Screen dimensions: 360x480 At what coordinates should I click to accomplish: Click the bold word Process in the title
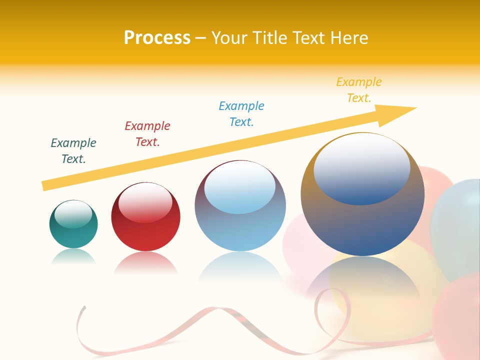pos(157,38)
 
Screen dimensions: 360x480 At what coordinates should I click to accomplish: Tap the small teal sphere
pos(73,235)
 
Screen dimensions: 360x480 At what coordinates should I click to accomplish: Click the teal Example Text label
pos(73,151)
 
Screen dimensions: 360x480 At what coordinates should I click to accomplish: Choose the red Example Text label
pos(147,134)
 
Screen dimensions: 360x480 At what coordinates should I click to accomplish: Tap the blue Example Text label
pos(241,114)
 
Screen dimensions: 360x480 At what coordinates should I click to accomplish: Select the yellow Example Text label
pos(359,90)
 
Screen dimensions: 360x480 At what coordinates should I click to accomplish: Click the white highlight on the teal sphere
pos(73,214)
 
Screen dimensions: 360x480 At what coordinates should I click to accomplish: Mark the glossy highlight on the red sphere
pos(145,203)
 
